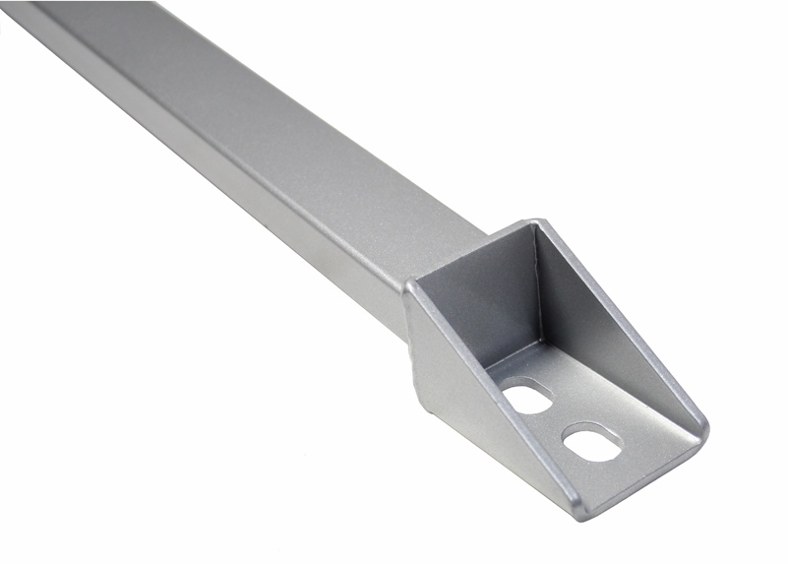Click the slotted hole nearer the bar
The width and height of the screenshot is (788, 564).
529,398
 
